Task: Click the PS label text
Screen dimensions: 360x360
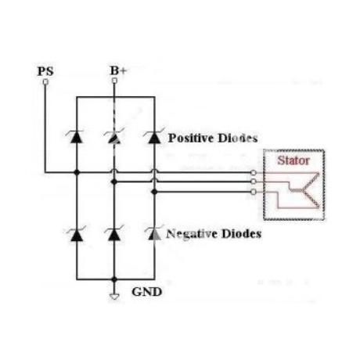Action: coord(45,71)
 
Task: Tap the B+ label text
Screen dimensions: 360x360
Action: coord(118,70)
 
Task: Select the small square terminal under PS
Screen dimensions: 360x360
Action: coord(45,82)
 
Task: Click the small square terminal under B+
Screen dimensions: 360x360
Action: coord(114,81)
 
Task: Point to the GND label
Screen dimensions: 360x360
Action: coord(146,292)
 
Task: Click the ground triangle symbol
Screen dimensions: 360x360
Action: coord(114,297)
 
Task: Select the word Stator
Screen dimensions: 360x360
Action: coord(293,160)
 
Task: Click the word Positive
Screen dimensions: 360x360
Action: coord(191,139)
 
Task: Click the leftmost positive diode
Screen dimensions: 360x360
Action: coord(77,137)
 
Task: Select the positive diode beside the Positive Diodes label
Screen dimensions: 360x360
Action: coord(154,137)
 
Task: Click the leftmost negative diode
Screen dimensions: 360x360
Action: coord(77,234)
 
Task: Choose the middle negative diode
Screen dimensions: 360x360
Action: coord(114,234)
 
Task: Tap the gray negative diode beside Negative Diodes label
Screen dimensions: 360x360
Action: coord(154,233)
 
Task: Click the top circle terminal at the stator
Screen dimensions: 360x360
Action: coord(253,173)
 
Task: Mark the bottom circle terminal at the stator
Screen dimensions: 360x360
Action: coord(253,192)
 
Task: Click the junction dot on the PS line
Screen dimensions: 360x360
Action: coord(77,172)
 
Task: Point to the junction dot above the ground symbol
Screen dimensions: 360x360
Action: coord(114,279)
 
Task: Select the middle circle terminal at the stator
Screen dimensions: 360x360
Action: coord(253,182)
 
